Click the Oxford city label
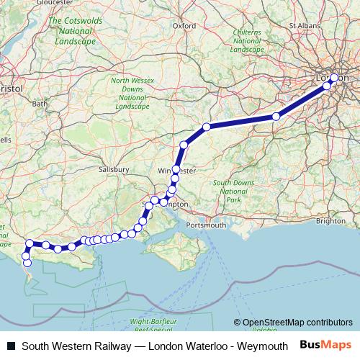[184, 25]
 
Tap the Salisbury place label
[113, 169]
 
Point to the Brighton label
[330, 221]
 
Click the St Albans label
[302, 25]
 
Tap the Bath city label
[39, 104]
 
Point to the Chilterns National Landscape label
[247, 41]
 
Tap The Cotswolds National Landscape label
[71, 32]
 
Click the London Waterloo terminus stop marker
[334, 77]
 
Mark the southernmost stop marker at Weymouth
[28, 263]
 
